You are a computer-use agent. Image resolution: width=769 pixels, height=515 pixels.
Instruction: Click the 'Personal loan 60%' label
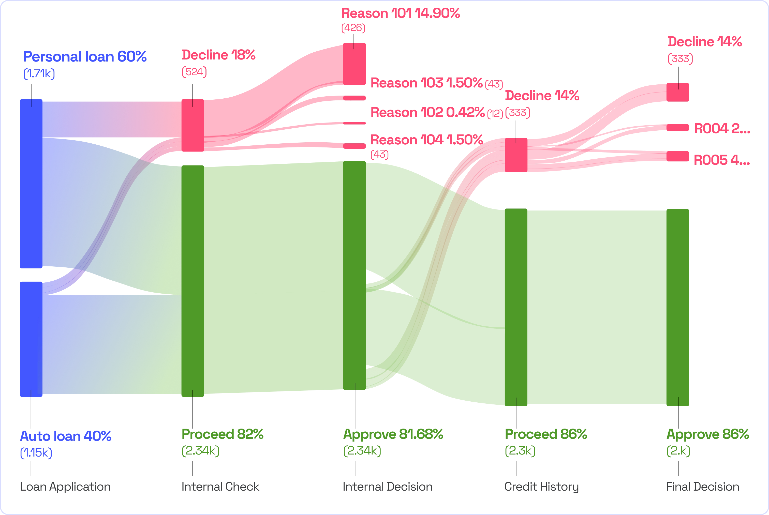84,57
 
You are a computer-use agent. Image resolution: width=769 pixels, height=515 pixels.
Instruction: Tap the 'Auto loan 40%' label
66,436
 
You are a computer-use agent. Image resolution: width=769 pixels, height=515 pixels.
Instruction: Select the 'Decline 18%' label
218,55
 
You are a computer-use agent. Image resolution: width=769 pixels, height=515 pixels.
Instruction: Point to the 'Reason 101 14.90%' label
401,13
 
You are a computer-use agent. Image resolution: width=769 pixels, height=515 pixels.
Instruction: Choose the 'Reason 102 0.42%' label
427,113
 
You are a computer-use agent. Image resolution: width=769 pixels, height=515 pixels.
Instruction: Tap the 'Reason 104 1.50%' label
426,140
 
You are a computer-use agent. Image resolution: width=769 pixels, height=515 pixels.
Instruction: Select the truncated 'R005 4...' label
721,161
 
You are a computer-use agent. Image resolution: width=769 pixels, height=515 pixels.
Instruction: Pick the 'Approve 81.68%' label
393,434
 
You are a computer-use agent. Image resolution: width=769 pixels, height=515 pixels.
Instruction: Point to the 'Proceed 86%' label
546,434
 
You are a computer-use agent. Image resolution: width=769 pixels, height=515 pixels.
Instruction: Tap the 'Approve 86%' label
707,434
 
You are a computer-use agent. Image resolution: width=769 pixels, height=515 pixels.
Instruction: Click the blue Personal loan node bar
31,183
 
